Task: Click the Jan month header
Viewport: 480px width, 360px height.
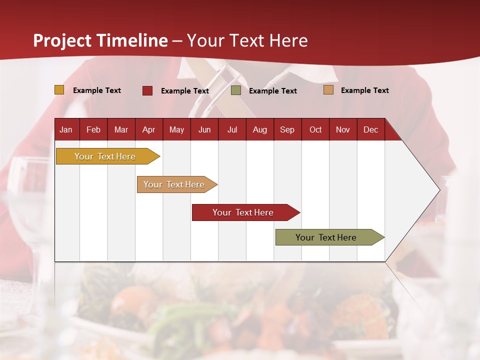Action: point(66,130)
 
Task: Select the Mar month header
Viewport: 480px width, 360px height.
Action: point(121,130)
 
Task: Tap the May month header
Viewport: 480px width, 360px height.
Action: point(176,130)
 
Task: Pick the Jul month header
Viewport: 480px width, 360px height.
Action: point(232,130)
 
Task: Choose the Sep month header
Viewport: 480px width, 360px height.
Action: point(287,130)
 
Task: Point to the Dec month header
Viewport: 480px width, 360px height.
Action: point(370,130)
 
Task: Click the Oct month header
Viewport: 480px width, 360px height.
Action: point(315,130)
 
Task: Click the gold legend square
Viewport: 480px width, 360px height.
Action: point(59,90)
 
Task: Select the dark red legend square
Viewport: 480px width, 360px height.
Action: point(147,90)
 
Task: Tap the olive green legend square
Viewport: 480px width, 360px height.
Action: point(236,90)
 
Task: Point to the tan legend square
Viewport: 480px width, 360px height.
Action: point(328,90)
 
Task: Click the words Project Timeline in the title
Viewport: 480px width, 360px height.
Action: point(100,40)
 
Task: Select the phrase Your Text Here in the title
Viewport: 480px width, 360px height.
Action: point(247,40)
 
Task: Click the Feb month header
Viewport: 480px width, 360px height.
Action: point(93,130)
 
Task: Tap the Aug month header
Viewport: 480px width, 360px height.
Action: point(259,130)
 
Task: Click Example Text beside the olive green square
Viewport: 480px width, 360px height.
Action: point(272,91)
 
